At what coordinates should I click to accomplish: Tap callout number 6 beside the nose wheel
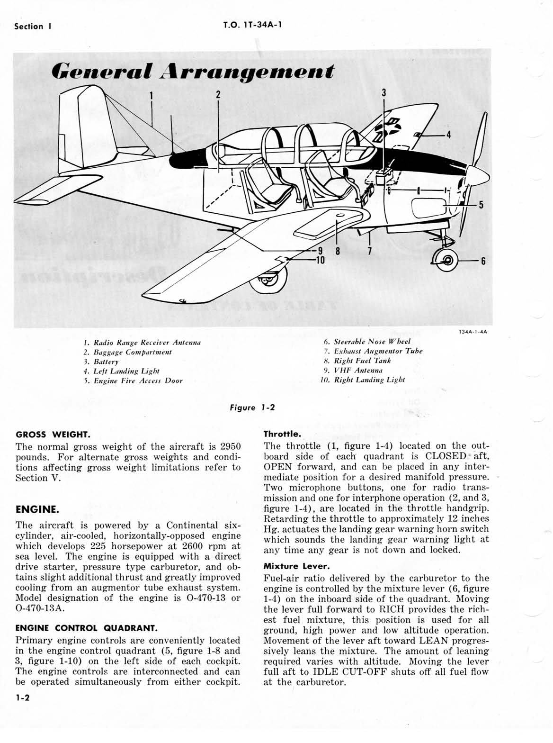[483, 261]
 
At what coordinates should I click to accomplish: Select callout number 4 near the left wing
[448, 135]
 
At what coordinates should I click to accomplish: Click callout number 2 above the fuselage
[218, 94]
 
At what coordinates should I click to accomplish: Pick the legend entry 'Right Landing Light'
[369, 380]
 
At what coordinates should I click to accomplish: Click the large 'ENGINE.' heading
[37, 509]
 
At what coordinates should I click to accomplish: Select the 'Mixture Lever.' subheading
[296, 566]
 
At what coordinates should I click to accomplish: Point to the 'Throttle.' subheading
[282, 434]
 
